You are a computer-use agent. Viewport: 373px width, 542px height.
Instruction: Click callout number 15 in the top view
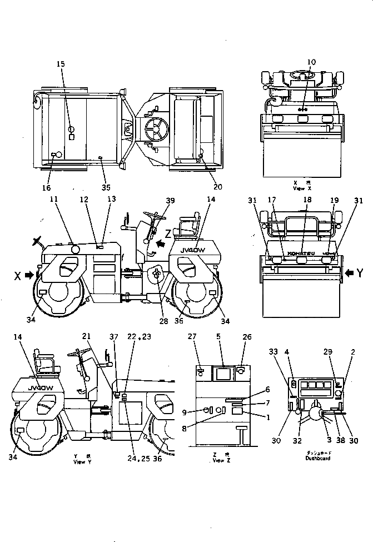tap(61, 64)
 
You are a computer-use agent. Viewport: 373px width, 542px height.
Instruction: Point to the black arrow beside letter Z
tap(161, 243)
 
